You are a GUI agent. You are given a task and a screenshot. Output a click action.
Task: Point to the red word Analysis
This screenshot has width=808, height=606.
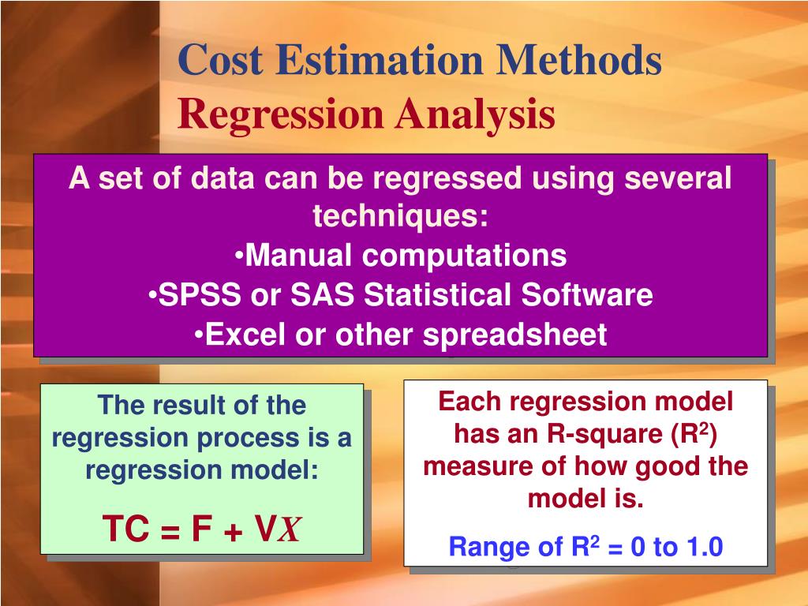pos(475,114)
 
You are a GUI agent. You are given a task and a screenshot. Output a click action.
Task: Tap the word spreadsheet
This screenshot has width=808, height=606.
pos(515,335)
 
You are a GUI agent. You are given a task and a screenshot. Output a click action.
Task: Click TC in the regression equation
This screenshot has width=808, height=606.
pos(126,529)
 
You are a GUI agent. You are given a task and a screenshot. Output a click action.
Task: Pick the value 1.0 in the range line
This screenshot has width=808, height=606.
pos(704,547)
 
